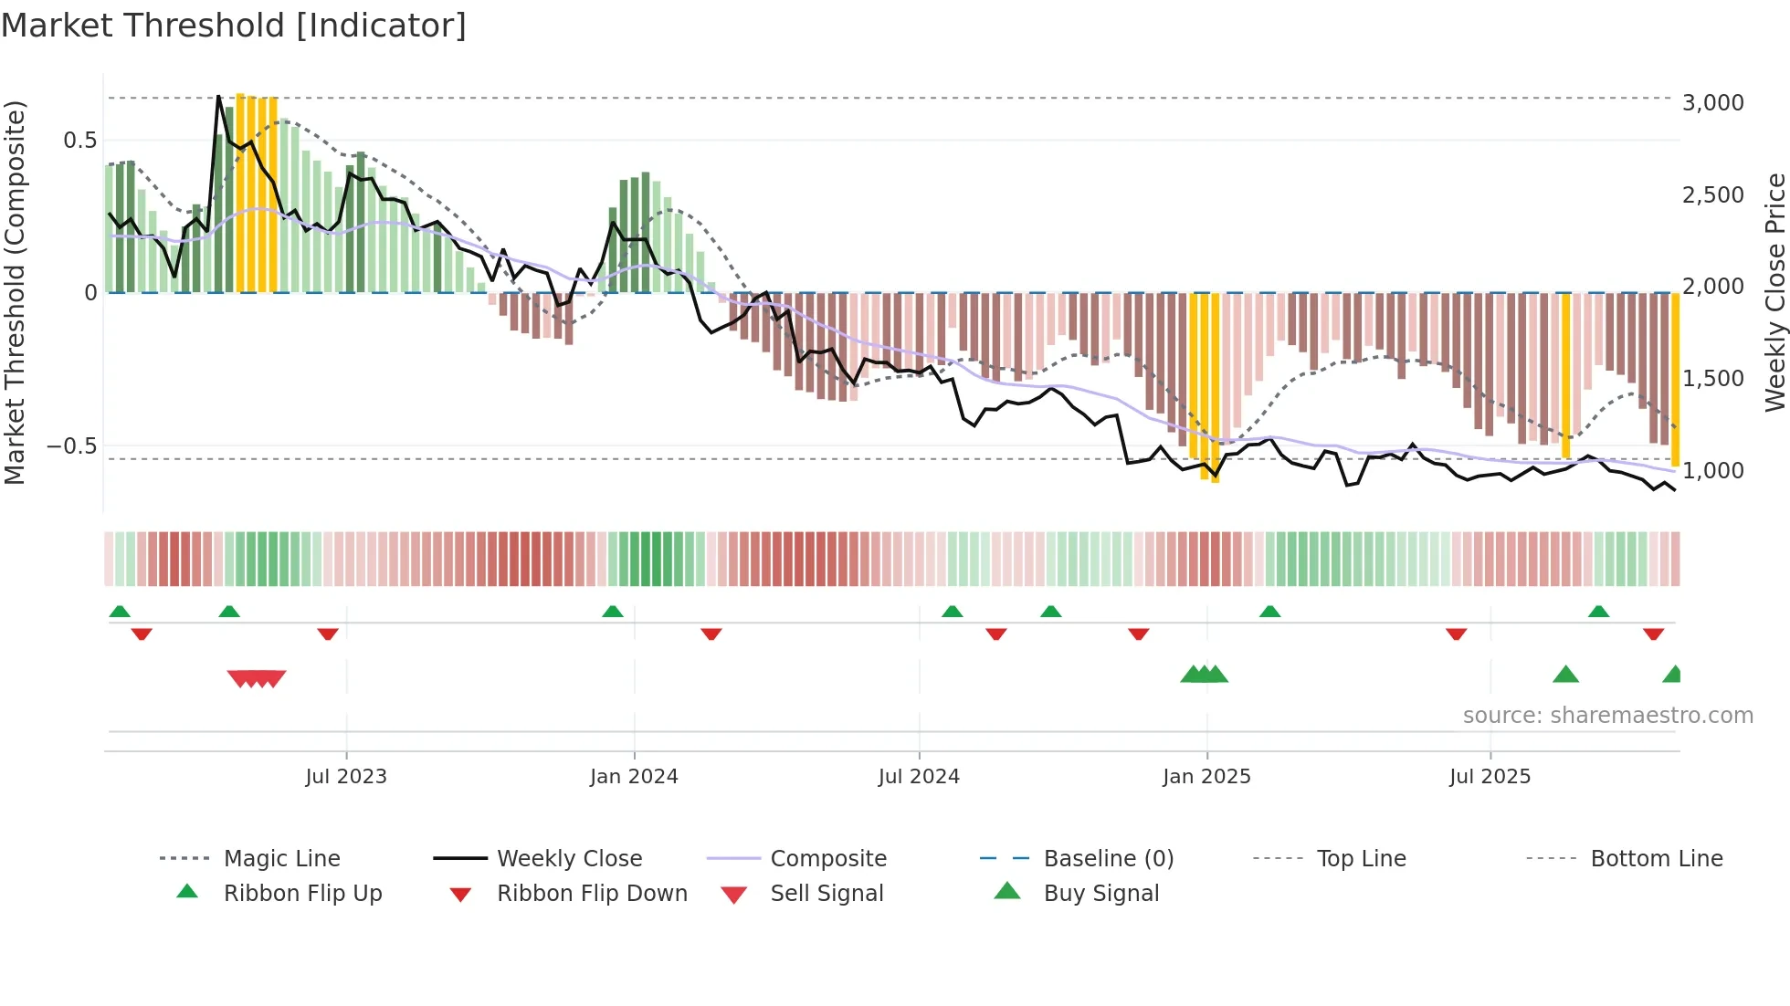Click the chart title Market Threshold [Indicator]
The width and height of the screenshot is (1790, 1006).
coord(234,26)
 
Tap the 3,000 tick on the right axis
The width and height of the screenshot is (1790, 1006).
coord(1712,103)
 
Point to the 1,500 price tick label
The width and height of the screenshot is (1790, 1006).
coord(1712,379)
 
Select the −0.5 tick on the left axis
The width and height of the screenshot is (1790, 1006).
coord(72,446)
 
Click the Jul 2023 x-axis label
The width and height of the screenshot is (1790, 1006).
coord(346,777)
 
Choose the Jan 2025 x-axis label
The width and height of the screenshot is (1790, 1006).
coord(1206,777)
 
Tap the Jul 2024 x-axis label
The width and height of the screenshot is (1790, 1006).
coord(919,777)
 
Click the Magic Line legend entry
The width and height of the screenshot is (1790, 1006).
coord(281,859)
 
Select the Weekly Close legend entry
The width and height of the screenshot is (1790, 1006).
coord(569,859)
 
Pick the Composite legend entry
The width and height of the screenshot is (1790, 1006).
coord(827,859)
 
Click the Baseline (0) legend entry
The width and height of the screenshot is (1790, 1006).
coord(1108,859)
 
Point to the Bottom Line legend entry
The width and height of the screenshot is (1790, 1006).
coord(1656,859)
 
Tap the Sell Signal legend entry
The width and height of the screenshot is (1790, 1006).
coord(826,894)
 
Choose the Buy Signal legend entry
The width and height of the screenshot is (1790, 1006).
coord(1100,894)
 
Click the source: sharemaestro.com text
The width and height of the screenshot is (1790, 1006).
coord(1607,716)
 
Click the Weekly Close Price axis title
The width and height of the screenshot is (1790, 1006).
coord(1774,292)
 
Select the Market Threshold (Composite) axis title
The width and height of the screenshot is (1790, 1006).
coord(15,292)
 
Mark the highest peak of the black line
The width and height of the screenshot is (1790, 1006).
coord(218,96)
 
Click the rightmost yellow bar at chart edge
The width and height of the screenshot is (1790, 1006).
coord(1675,379)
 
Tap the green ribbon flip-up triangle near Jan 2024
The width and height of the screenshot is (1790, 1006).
coord(613,612)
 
